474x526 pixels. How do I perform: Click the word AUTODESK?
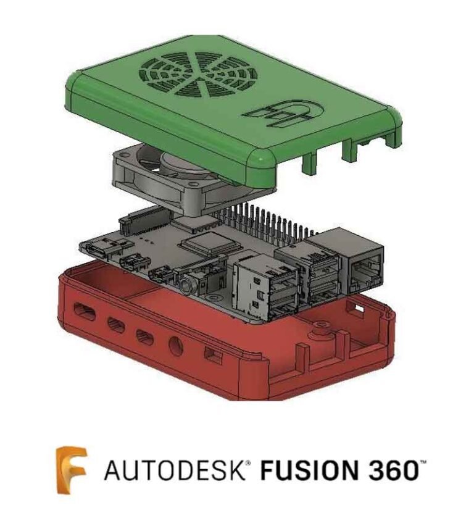176,471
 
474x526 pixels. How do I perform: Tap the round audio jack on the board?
185,284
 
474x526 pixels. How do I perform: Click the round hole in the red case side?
175,346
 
